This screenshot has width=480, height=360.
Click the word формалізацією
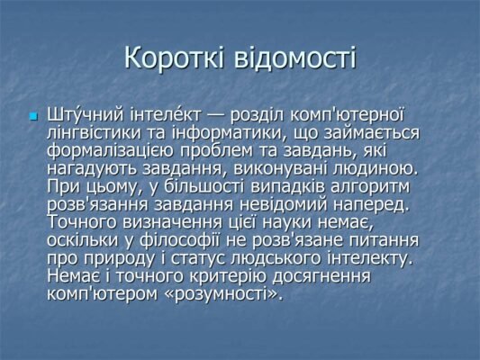click(118, 150)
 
